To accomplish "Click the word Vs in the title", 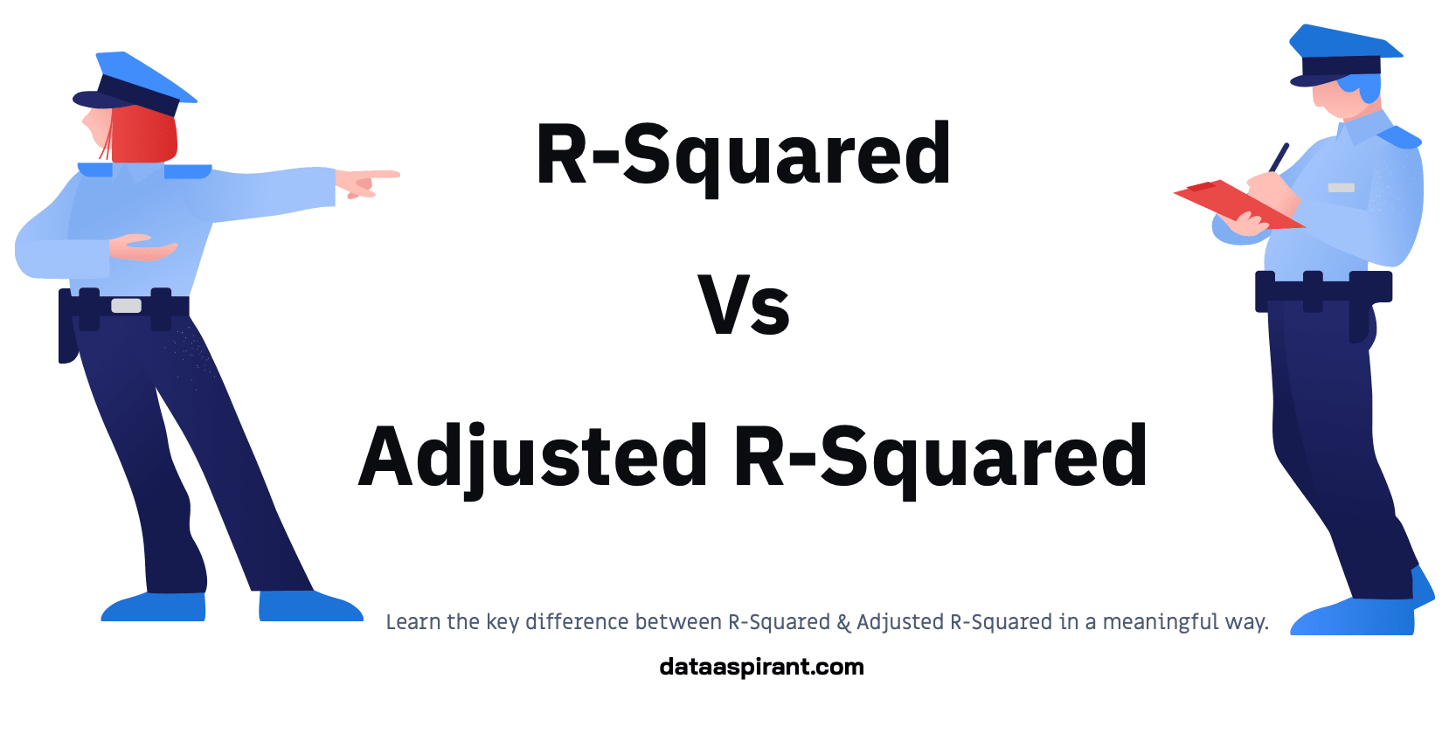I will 744,305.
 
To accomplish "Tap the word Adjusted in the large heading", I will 533,456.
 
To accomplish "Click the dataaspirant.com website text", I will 761,667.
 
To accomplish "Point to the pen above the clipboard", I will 1279,158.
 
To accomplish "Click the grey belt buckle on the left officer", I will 126,306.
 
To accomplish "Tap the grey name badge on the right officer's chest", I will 1341,188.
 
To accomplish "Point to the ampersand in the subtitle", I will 843,622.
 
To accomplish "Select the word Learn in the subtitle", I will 413,622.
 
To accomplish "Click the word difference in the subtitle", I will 577,622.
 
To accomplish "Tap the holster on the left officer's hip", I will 67,328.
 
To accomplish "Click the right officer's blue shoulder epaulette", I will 1398,136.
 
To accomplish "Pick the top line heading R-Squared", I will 744,155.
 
